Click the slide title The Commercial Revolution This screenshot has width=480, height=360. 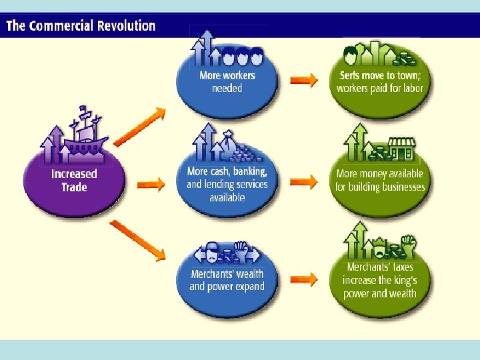[x=81, y=26]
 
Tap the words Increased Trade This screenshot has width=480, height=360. [x=74, y=180]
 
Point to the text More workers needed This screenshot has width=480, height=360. [x=227, y=81]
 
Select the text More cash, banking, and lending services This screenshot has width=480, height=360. [x=227, y=184]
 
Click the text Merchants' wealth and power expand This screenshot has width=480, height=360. [x=227, y=280]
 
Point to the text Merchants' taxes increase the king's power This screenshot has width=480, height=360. [x=380, y=280]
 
